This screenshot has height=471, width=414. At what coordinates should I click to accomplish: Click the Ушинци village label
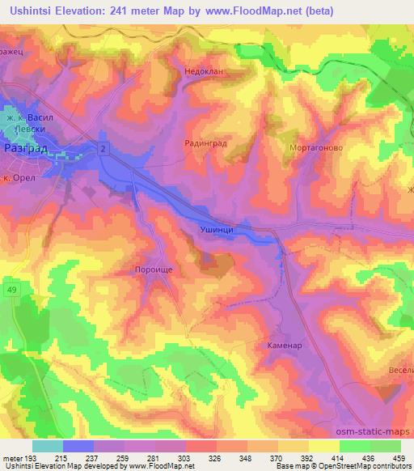click(x=217, y=231)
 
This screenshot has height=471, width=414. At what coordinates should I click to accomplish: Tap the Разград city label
click(x=24, y=150)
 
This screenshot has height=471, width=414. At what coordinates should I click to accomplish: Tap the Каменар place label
click(x=284, y=345)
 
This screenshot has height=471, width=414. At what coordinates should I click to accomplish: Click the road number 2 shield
click(x=103, y=146)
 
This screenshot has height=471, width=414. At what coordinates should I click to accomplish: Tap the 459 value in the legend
click(x=399, y=457)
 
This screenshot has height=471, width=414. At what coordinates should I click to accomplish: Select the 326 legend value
click(x=213, y=457)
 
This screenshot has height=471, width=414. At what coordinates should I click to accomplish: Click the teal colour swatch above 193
click(x=48, y=446)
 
